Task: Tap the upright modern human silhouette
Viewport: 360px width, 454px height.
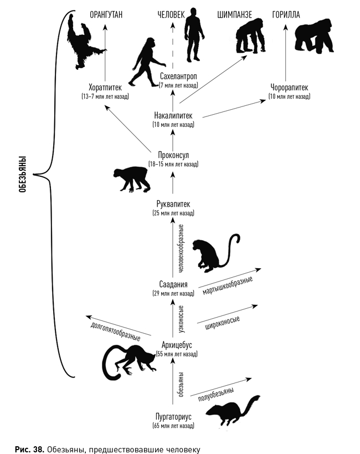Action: point(193,34)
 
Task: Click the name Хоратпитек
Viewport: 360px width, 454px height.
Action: point(105,88)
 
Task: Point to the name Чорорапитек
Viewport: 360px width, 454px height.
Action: point(289,88)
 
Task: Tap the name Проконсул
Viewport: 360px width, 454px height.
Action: point(173,155)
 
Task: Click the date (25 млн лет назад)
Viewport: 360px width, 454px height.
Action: point(173,213)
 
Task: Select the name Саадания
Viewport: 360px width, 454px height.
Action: point(173,284)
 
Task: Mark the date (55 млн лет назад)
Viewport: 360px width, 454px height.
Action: point(175,354)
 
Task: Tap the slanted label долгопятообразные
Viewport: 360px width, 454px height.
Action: point(115,329)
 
